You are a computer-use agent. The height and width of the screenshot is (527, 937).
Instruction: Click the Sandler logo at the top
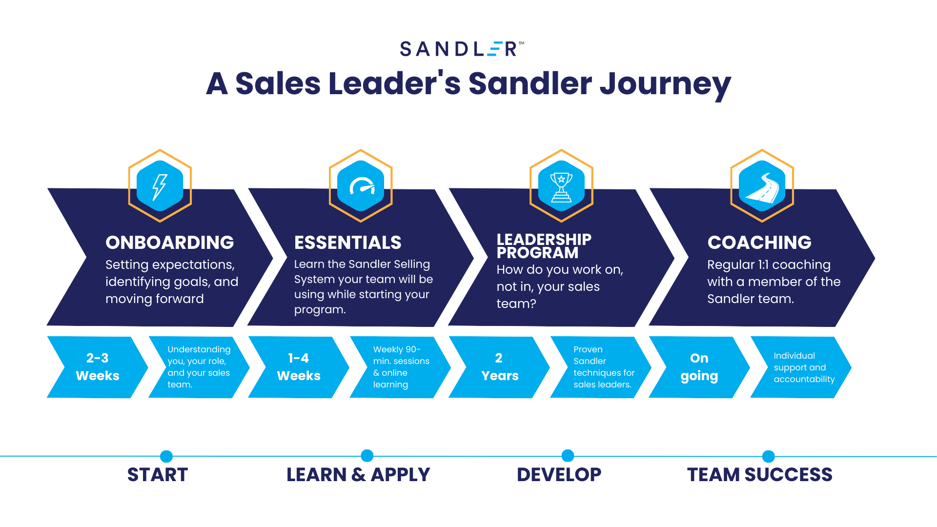coord(462,49)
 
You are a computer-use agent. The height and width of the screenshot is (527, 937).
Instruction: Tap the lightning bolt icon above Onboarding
coord(160,186)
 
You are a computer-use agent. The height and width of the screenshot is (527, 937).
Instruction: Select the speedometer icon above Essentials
coord(361,186)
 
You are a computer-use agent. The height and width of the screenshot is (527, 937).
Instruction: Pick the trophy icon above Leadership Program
coord(561,186)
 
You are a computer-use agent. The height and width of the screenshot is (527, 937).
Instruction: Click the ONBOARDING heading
coord(170,243)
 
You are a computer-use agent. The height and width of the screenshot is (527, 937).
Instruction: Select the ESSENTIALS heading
coord(347,243)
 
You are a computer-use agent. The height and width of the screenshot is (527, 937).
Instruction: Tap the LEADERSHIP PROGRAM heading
coord(544,246)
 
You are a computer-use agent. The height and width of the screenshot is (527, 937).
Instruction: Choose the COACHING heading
coord(759,243)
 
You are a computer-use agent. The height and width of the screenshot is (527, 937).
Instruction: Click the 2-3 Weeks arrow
coord(98,367)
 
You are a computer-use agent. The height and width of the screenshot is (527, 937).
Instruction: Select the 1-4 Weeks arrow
coord(299,367)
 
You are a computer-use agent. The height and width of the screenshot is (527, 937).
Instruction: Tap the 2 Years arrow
coord(499,367)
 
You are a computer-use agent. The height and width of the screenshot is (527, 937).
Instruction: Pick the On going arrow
coord(699,367)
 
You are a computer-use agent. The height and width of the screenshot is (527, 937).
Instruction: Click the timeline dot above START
coord(166,456)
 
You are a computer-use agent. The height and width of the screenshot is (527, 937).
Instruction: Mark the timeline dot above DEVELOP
coord(568,456)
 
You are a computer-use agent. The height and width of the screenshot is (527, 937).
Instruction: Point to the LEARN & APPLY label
coord(358,475)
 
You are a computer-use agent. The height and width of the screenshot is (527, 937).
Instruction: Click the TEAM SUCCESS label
coord(760,475)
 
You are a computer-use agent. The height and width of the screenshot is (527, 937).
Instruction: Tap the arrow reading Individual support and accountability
coord(801,367)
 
